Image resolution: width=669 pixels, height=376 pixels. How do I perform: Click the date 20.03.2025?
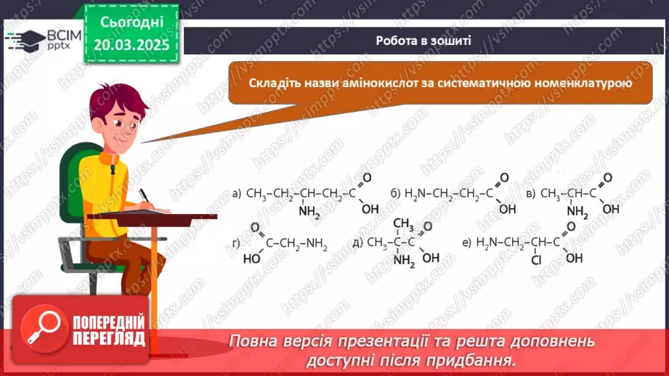point(131,44)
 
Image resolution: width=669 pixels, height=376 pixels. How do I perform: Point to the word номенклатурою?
point(579,83)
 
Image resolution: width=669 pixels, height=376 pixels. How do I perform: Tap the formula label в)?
point(530,194)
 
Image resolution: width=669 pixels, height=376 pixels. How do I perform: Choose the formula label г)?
point(236,242)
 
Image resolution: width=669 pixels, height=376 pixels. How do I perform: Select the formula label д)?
point(357,242)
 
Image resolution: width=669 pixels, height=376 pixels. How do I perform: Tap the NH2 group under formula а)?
point(308,212)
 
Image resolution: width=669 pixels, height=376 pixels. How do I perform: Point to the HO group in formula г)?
point(251,258)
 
